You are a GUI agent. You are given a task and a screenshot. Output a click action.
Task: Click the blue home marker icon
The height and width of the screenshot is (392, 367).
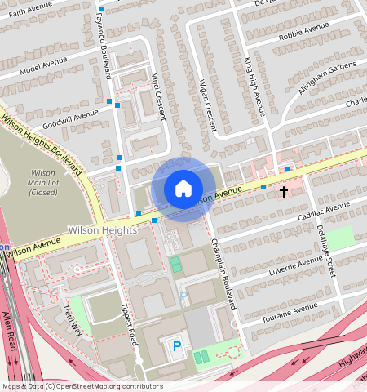pyautogui.click(x=183, y=189)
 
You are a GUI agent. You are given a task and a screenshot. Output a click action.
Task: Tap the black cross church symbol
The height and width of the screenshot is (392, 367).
pyautogui.click(x=284, y=192)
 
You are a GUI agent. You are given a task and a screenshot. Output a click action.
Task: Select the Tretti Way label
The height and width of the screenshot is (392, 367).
pyautogui.click(x=73, y=320)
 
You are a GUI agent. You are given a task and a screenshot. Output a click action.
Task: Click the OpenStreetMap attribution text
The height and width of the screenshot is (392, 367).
pyautogui.click(x=82, y=386)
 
